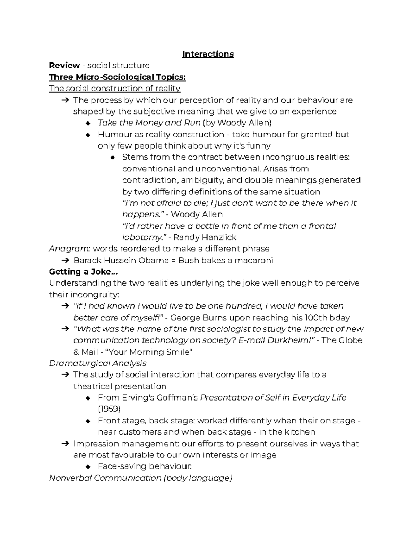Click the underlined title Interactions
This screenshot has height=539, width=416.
[208, 54]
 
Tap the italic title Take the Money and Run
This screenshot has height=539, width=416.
[149, 123]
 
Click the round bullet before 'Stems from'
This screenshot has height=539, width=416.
[112, 157]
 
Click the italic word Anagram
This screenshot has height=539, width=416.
[70, 249]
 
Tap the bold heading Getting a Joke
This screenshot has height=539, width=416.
[83, 272]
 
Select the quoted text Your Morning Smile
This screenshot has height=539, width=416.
[148, 352]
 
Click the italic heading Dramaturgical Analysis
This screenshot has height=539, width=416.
[98, 363]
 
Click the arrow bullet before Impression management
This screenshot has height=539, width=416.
[65, 444]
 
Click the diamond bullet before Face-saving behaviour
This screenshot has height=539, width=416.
[88, 466]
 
